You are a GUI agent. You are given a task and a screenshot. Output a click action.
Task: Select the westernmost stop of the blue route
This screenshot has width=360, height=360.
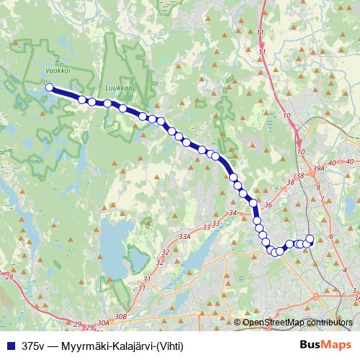click(50, 88)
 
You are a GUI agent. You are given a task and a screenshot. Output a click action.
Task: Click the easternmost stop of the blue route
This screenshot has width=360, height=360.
click(310, 239)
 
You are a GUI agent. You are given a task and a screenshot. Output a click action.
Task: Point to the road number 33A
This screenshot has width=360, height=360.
click(185, 235)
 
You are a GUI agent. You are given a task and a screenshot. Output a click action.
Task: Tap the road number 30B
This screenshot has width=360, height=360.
click(120, 316)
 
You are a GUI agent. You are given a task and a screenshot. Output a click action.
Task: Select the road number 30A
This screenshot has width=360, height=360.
click(103, 323)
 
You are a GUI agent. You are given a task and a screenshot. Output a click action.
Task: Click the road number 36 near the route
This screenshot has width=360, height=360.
click(267, 205)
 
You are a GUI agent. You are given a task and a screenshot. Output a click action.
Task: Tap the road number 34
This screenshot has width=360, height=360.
click(232, 213)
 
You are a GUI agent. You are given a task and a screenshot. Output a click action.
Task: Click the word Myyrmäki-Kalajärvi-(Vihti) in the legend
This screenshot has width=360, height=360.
click(122, 346)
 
